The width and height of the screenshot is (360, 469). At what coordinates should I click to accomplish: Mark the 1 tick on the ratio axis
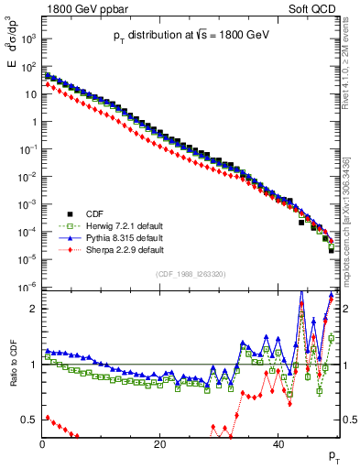(33, 365)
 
